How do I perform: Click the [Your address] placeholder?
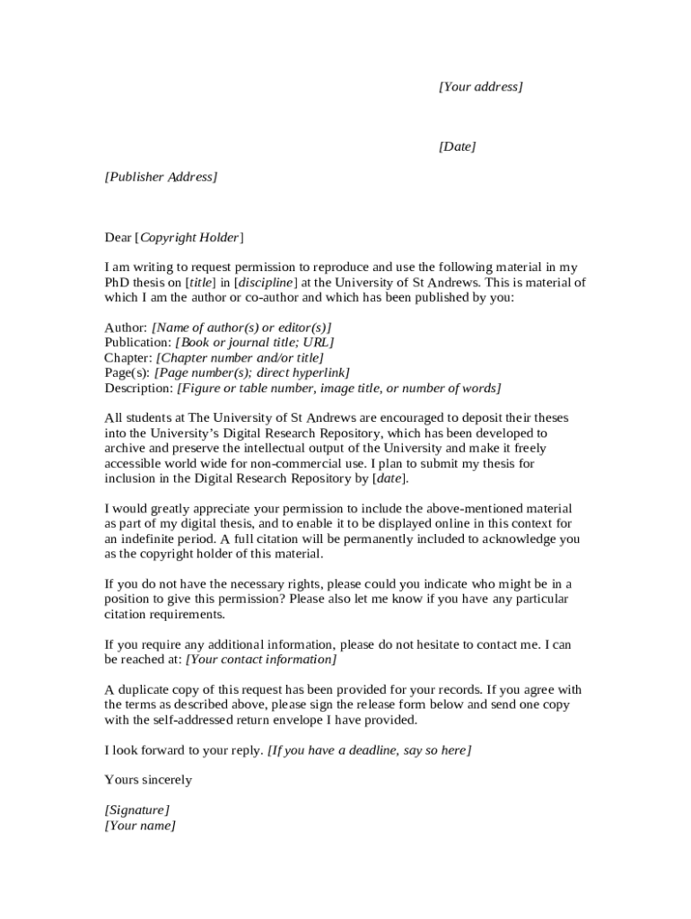[480, 87]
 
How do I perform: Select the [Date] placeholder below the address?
[457, 146]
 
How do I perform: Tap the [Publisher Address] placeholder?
[161, 177]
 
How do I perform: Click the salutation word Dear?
[118, 238]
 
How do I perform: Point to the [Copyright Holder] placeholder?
[188, 238]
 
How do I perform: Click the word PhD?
[118, 283]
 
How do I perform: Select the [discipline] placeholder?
[266, 283]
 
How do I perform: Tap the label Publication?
[137, 343]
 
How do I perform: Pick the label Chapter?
[128, 358]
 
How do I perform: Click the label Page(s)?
[127, 373]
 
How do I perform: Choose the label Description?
[139, 389]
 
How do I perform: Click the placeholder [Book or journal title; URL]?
[255, 343]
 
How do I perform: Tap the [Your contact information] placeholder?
[261, 660]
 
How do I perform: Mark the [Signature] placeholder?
[136, 810]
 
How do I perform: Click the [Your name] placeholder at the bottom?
[140, 826]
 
